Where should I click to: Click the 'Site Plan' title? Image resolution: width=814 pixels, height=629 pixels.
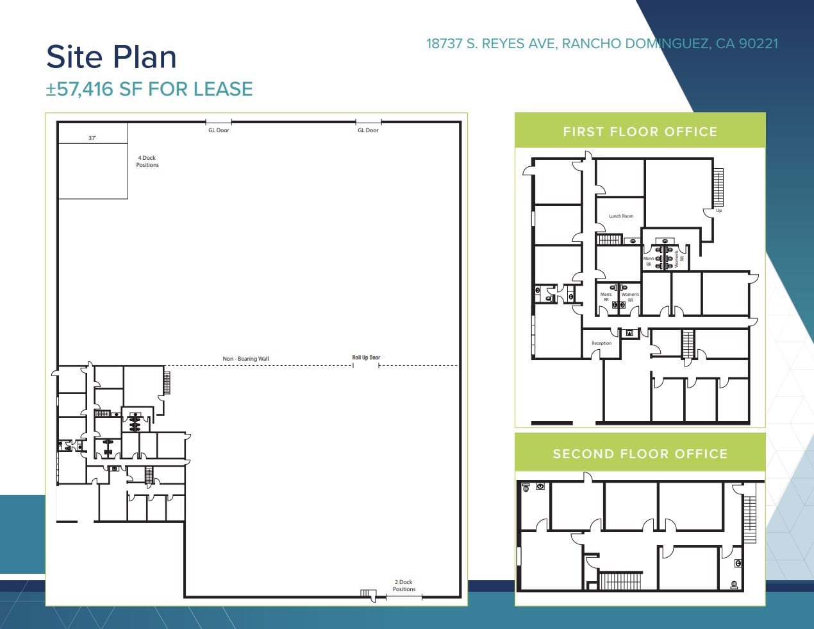pyautogui.click(x=112, y=56)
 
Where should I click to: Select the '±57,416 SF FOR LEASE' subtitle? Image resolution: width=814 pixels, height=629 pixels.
pyautogui.click(x=149, y=89)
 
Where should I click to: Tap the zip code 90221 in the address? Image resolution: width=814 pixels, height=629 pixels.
pyautogui.click(x=758, y=44)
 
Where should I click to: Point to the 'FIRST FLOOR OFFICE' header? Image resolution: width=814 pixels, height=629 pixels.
pyautogui.click(x=640, y=132)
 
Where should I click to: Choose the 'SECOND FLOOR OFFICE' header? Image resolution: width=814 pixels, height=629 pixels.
pyautogui.click(x=640, y=454)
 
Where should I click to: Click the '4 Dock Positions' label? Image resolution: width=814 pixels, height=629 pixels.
pyautogui.click(x=147, y=161)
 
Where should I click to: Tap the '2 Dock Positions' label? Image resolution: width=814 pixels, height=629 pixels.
pyautogui.click(x=404, y=585)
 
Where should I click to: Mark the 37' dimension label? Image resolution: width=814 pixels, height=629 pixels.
pyautogui.click(x=92, y=138)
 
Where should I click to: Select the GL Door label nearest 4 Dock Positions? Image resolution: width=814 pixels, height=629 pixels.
pyautogui.click(x=219, y=130)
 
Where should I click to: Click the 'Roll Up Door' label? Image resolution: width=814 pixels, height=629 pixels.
pyautogui.click(x=366, y=358)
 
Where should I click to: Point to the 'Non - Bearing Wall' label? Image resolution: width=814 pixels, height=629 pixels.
pyautogui.click(x=245, y=359)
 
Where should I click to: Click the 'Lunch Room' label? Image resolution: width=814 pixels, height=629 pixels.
pyautogui.click(x=621, y=216)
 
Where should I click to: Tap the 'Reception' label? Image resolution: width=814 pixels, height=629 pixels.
pyautogui.click(x=601, y=343)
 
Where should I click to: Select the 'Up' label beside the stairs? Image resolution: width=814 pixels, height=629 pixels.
pyautogui.click(x=718, y=211)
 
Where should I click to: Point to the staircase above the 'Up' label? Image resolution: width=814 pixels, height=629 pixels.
pyautogui.click(x=718, y=187)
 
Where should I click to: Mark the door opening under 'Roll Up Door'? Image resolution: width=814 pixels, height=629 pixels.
pyautogui.click(x=365, y=366)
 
